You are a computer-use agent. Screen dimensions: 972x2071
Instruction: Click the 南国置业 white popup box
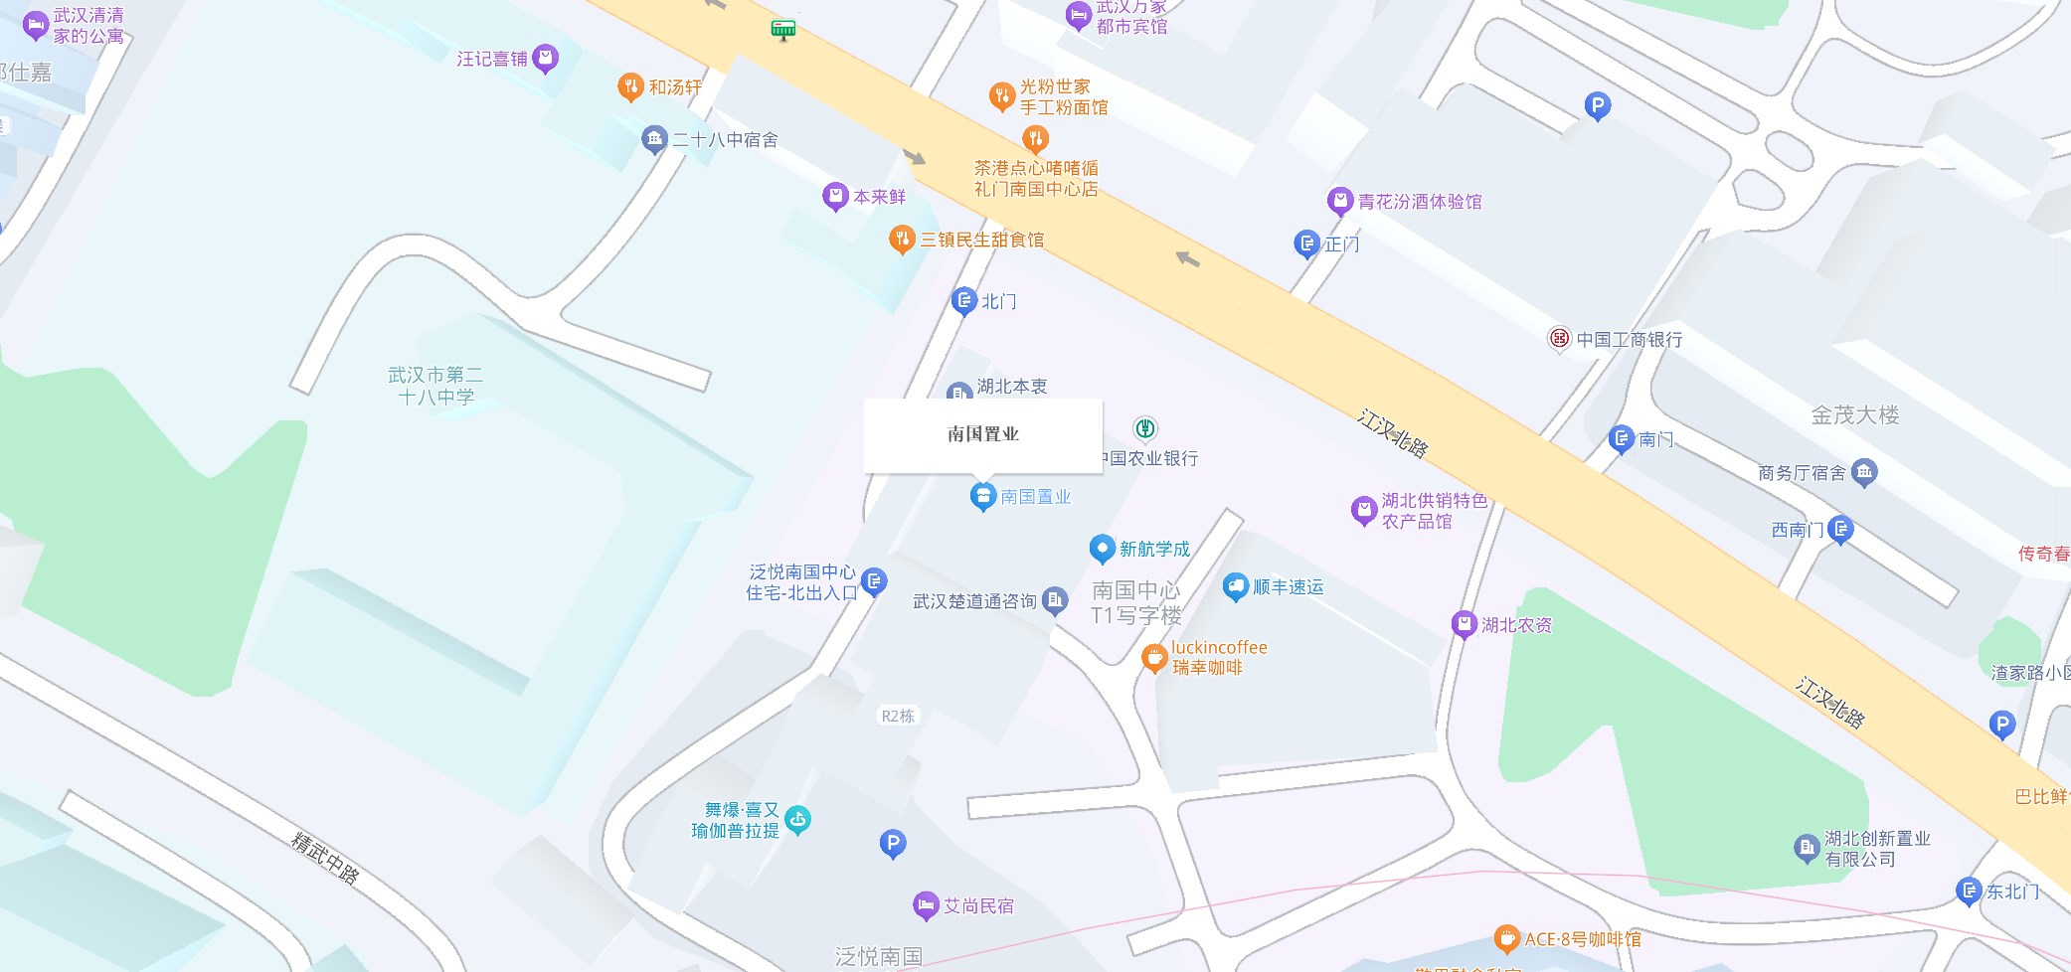(982, 434)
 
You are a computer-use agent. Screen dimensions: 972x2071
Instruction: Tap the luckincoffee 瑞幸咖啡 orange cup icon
(1153, 657)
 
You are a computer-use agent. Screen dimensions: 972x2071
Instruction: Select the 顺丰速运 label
(1288, 587)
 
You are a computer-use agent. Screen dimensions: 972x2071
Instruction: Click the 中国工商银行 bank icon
(1559, 339)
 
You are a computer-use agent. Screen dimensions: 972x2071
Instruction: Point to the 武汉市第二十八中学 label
(435, 386)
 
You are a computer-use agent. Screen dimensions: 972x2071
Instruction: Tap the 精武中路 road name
(325, 857)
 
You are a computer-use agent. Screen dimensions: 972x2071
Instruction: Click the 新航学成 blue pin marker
(1102, 549)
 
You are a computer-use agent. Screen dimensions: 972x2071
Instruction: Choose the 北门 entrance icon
(963, 300)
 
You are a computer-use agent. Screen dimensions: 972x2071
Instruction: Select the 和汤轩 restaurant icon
(630, 86)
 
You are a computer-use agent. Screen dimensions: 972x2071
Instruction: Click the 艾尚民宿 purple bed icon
(926, 905)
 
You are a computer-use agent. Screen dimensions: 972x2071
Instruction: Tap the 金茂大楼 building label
(1854, 415)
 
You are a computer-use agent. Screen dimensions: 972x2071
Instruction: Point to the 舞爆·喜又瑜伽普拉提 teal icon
(797, 820)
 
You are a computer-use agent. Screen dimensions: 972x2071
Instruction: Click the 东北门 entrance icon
(1969, 891)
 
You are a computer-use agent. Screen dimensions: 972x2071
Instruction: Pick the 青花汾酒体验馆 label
(1419, 202)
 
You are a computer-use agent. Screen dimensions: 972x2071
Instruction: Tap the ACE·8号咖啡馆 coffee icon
(1507, 938)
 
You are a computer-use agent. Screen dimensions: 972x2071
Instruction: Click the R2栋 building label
(898, 716)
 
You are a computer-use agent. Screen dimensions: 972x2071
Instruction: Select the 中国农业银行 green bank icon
(1145, 428)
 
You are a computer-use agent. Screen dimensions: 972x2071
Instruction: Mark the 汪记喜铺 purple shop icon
(545, 59)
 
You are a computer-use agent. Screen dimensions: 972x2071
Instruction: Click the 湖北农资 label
(1516, 625)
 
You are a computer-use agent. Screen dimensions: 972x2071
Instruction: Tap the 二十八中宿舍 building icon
(653, 139)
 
